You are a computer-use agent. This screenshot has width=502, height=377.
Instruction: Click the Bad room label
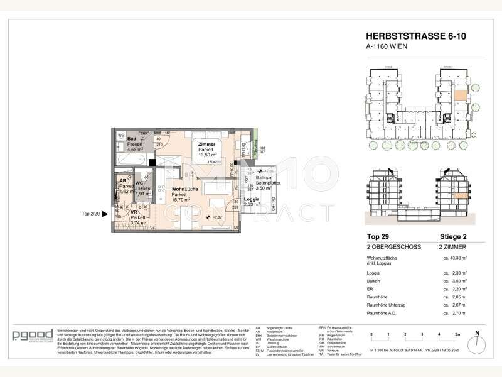[132, 138]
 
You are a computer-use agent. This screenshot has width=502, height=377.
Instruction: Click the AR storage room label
[123, 181]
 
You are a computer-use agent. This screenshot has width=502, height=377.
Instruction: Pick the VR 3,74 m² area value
[137, 222]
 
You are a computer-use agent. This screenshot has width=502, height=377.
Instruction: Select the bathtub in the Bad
[130, 161]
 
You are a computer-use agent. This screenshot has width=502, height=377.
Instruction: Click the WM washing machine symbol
[120, 136]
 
